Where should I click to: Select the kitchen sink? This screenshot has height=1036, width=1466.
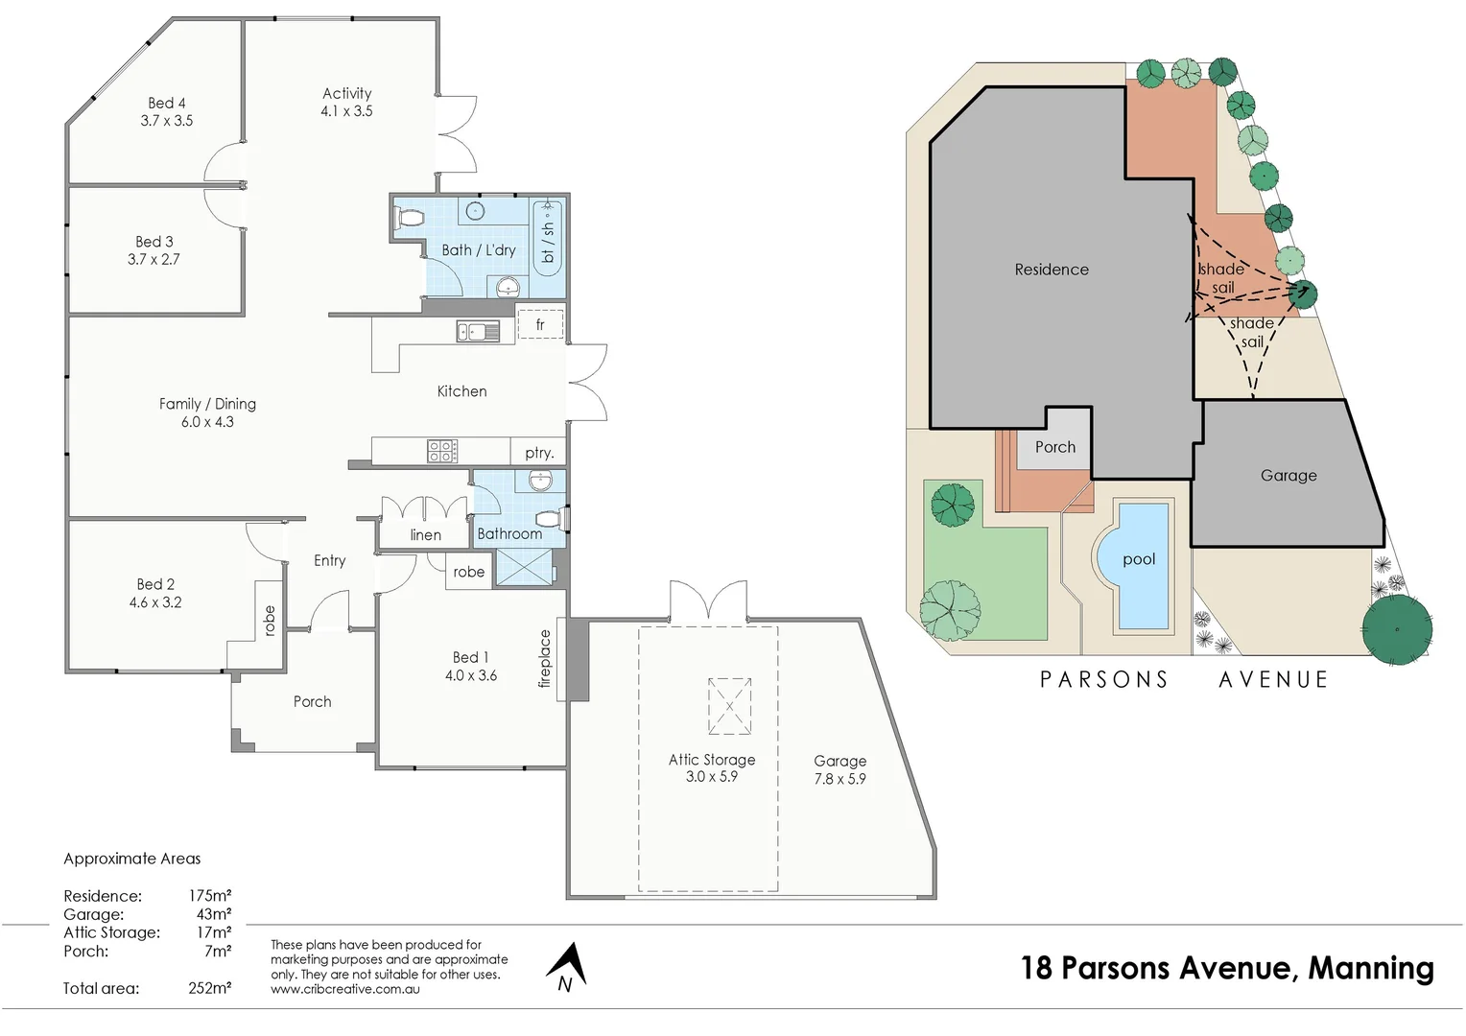coord(477,332)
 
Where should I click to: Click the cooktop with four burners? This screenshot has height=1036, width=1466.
coord(442,451)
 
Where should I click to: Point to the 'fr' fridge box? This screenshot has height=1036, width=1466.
coord(540,324)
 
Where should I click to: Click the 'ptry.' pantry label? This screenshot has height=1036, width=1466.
coord(539,453)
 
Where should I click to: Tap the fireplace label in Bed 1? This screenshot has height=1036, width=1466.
coord(545,658)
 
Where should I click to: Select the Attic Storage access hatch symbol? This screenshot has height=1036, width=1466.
coord(729,706)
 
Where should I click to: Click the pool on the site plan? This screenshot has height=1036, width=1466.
coord(1139,566)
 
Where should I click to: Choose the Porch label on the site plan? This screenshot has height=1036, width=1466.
coord(1055,447)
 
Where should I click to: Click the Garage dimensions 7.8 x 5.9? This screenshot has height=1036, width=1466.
coord(839,779)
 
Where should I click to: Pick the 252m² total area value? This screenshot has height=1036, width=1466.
coord(209,988)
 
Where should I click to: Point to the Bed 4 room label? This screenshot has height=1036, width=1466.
coord(167,103)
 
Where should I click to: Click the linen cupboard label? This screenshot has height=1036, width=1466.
coord(425,535)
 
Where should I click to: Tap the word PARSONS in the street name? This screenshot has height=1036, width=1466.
coord(1104,680)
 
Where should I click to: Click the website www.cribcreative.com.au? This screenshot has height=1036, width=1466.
coord(344,989)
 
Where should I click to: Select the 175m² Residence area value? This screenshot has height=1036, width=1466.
coord(209,896)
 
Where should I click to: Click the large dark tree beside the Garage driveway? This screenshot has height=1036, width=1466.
coord(1396,630)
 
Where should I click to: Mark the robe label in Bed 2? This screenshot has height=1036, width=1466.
coord(270,621)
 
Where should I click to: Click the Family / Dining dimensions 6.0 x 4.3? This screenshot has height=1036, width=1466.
coord(207,422)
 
